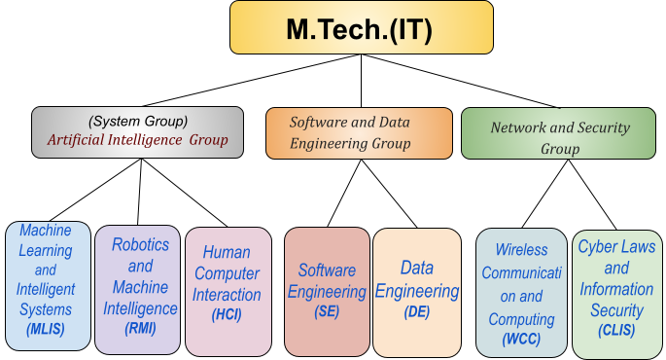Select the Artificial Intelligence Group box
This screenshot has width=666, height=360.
(137, 131)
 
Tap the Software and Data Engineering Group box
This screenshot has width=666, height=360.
(359, 132)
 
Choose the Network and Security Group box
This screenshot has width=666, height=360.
(559, 133)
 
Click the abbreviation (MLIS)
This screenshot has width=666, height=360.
(46, 329)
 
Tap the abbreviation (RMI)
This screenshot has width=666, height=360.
(140, 329)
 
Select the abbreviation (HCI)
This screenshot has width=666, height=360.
(227, 315)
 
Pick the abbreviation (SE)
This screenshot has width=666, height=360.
(327, 310)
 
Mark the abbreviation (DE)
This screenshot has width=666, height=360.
(416, 311)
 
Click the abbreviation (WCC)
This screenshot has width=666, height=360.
(521, 340)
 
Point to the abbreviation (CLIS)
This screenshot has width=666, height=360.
(616, 331)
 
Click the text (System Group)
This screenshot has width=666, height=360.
(137, 121)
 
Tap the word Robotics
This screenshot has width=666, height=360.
(141, 244)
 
